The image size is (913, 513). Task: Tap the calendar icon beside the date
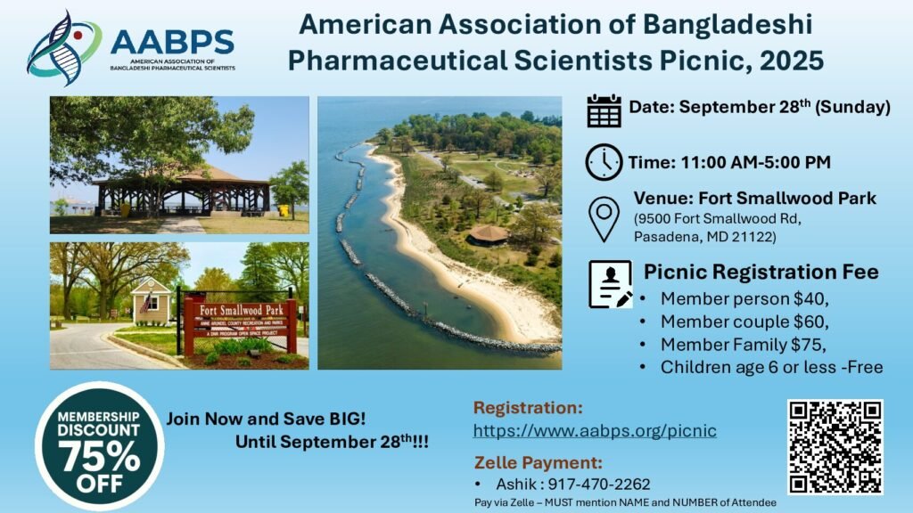(x=604, y=110)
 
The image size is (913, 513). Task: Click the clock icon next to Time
(x=604, y=162)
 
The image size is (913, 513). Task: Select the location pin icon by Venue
(x=604, y=219)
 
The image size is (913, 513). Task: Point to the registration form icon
(x=610, y=284)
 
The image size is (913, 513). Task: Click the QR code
(x=835, y=447)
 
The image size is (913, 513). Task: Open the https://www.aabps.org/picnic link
(x=595, y=431)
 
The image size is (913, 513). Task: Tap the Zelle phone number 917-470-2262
(x=598, y=484)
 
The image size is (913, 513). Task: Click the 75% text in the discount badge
(x=99, y=457)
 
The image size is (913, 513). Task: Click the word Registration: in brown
(x=528, y=408)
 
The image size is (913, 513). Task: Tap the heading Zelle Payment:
(x=539, y=462)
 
